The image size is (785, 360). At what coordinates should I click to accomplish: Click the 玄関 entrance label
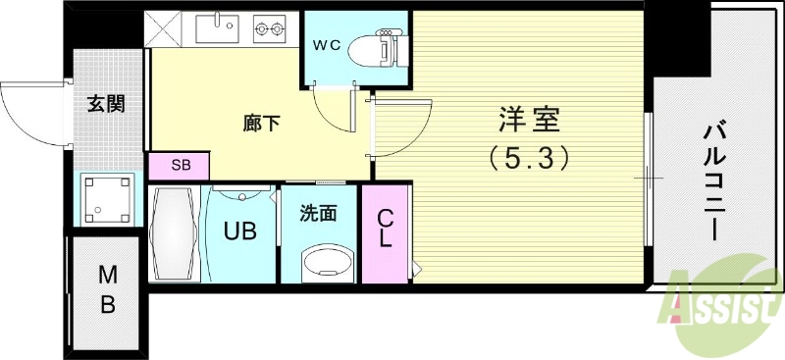coord(105,105)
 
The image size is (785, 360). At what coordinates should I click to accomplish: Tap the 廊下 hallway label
coord(260,125)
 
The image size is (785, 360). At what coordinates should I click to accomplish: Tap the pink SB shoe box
coord(181,165)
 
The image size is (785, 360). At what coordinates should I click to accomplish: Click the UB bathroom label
coord(239,232)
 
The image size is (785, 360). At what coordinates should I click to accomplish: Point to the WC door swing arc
coord(332,111)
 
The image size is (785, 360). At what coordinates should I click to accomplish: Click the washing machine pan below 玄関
coord(105,199)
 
